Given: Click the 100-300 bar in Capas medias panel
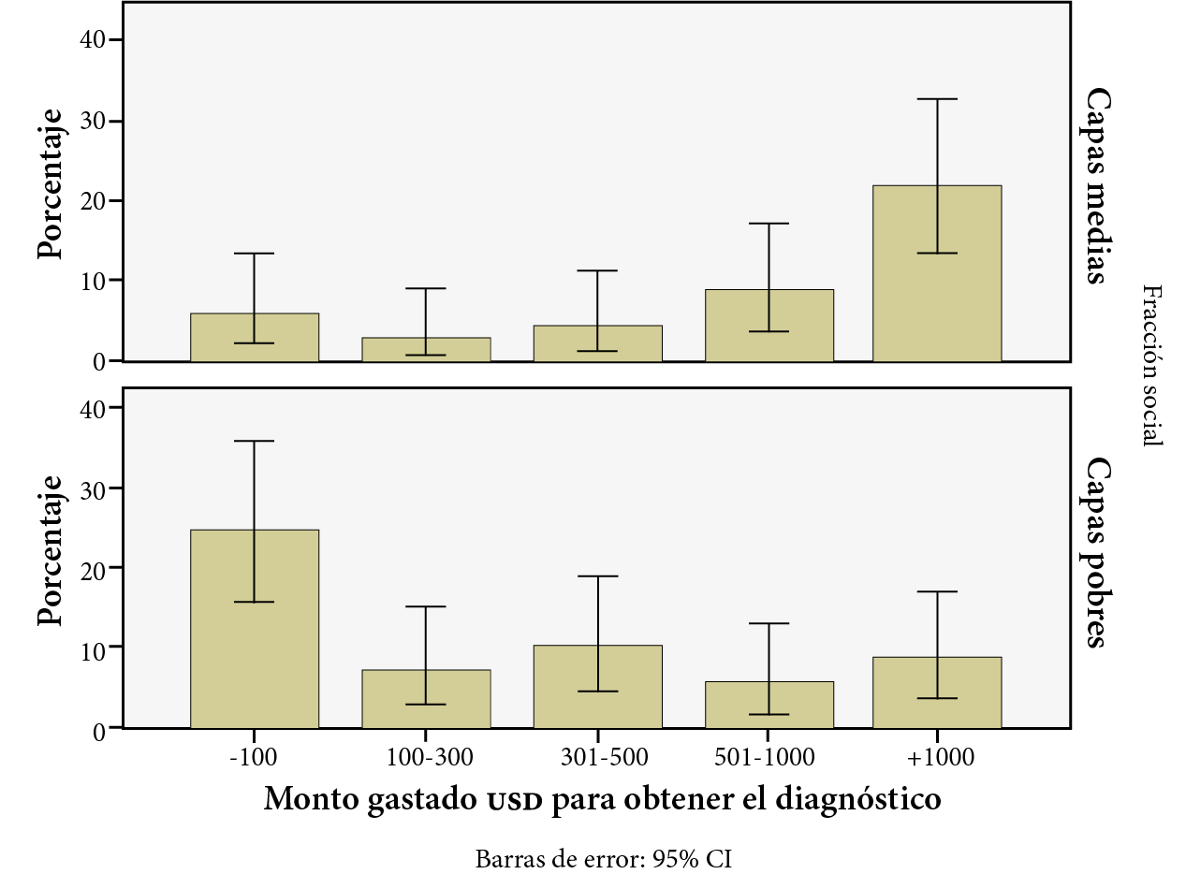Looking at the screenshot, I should [x=426, y=349].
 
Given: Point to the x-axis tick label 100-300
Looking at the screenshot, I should [x=426, y=756].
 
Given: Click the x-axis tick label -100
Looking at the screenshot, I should [x=254, y=756].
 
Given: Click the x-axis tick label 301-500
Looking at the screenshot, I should [x=598, y=756].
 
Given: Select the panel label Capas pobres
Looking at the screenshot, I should [x=1096, y=552].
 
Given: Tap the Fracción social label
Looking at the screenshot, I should [x=1152, y=366].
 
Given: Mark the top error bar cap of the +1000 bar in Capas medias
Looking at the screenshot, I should [x=937, y=99].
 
